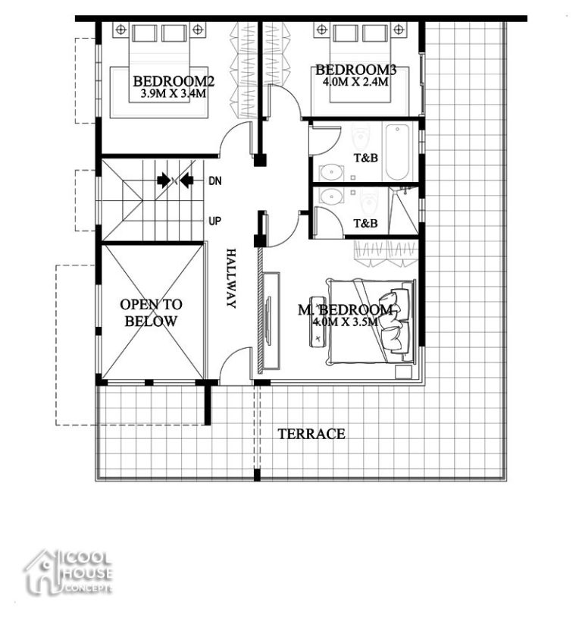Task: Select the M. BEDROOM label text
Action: tap(346, 310)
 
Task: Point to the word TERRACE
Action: tap(311, 434)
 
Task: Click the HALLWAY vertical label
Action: tap(231, 278)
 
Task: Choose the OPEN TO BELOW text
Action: tap(151, 312)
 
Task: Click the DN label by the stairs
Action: tap(215, 181)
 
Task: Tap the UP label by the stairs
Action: tap(215, 221)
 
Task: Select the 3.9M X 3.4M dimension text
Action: tap(172, 95)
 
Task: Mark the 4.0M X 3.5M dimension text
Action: tap(346, 322)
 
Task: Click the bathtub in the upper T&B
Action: tap(397, 152)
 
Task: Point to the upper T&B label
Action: tap(366, 158)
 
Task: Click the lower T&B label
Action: tap(366, 224)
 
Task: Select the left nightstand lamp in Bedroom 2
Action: tap(120, 30)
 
